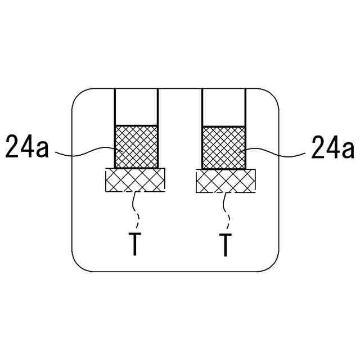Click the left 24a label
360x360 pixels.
pos(28,147)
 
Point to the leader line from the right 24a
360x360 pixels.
pos(276,151)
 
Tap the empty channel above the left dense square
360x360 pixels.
pos(136,107)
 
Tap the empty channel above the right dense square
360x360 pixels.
pos(223,107)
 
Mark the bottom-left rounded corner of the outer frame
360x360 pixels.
pos(79,264)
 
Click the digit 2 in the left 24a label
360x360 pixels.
pos(12,147)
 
